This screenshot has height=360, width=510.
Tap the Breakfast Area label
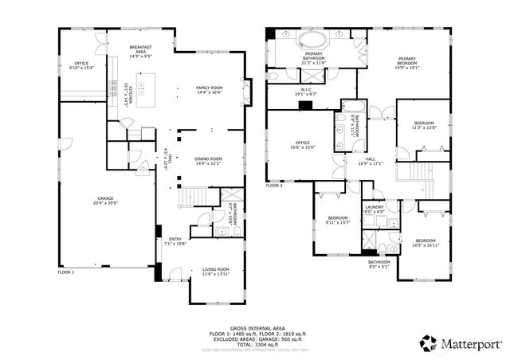point(141,51)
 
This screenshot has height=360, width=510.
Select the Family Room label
point(210,90)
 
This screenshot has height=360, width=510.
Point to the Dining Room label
point(208,161)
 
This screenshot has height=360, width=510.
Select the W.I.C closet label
point(307,92)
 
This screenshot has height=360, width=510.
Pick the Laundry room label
point(375,210)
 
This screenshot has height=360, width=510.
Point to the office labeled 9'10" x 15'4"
point(81,65)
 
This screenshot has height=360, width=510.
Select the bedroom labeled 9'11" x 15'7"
point(337,220)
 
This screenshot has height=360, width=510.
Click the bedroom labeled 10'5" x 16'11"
point(424,243)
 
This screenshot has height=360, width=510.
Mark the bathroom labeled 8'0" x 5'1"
point(379,264)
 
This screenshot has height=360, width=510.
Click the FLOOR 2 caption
point(275,185)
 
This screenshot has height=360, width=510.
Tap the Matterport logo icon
point(428,343)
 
